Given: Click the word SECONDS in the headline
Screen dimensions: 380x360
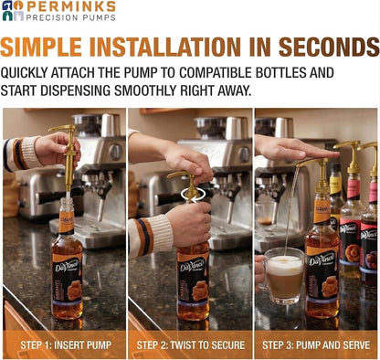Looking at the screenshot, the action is pos(329,47).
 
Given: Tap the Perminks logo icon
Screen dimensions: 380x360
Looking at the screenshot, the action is pos(13,11).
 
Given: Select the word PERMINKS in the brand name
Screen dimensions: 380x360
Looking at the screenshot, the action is pos(71,6).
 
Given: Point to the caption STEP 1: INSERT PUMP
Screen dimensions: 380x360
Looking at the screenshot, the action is pos(66,345).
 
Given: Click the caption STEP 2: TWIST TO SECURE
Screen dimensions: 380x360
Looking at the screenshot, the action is pos(191,345).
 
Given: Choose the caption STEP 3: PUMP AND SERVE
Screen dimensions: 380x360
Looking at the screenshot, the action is pos(316,345).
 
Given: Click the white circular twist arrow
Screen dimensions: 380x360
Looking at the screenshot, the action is pos(193,195).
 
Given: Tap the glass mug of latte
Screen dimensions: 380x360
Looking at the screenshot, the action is pos(281,276).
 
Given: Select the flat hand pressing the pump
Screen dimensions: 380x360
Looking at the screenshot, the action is pos(295,148).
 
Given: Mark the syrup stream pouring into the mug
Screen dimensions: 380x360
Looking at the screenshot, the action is pos(291,210).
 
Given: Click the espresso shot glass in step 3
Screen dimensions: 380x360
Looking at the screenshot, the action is pos(264,214).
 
